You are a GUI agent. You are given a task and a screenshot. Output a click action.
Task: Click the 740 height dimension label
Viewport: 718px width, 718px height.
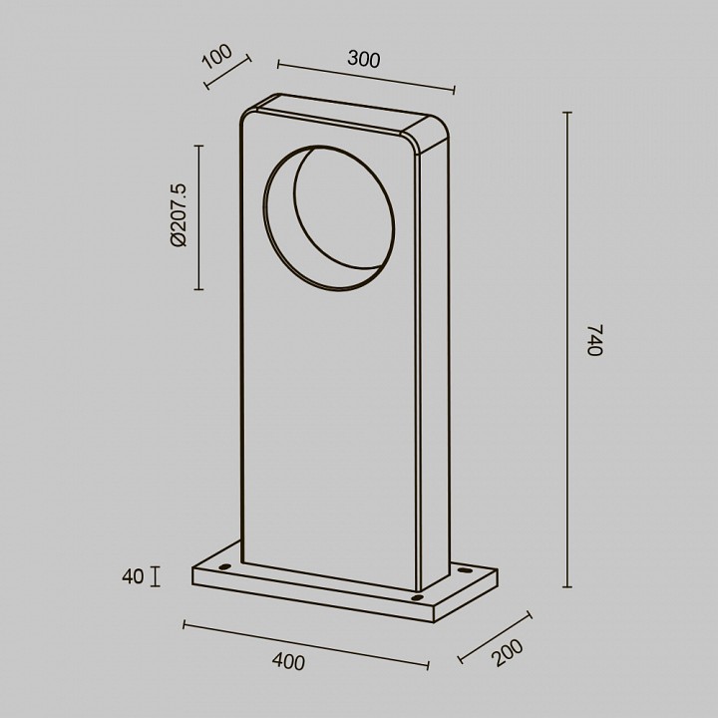[595, 340]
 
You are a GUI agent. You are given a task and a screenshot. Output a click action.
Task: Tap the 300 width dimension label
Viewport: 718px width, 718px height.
[364, 59]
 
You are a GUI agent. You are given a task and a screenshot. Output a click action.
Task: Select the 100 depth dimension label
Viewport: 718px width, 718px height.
[217, 56]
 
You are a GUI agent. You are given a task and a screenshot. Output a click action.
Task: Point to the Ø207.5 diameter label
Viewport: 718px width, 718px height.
[179, 214]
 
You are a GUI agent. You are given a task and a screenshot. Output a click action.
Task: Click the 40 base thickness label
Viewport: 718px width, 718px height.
[133, 576]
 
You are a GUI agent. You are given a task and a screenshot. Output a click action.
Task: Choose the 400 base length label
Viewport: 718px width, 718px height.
[288, 662]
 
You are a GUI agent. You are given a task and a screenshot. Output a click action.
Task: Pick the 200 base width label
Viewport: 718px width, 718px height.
[508, 652]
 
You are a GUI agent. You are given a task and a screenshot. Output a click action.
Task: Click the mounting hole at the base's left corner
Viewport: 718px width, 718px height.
[224, 566]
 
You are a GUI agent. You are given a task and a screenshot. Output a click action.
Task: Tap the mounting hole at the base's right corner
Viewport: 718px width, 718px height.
[465, 570]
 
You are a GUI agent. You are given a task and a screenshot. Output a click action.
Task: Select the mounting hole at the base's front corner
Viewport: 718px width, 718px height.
[417, 597]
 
